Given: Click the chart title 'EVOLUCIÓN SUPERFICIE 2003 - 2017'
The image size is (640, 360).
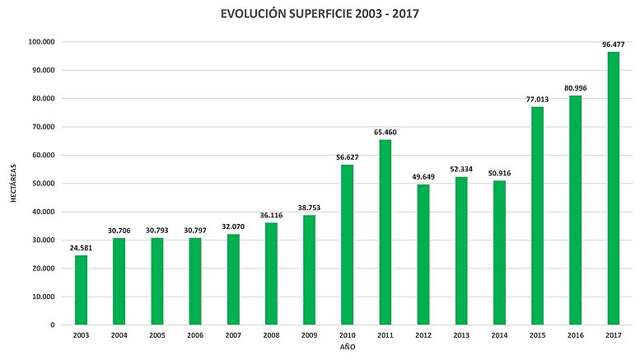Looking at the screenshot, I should (x=319, y=14).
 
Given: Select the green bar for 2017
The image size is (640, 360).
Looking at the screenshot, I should (x=614, y=189).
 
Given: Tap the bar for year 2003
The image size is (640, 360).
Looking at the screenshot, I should (x=81, y=290).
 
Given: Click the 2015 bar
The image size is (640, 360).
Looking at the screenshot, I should (x=537, y=216).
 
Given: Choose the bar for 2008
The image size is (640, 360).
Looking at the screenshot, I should (x=271, y=274).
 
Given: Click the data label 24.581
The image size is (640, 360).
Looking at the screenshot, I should (x=81, y=247).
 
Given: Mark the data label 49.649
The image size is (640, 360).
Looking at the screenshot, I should (x=423, y=176).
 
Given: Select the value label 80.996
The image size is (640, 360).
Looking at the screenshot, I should (x=575, y=87).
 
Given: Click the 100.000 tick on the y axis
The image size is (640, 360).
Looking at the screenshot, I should (x=41, y=42).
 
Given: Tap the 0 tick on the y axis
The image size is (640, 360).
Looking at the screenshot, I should (x=53, y=325).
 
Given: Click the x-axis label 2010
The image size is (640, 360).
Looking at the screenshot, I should (x=347, y=336).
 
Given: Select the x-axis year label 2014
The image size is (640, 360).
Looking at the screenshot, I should (x=499, y=336).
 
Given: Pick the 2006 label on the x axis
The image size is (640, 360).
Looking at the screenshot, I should (x=195, y=336).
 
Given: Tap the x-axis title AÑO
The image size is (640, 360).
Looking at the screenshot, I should (x=348, y=348).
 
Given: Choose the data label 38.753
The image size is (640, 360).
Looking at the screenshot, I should (x=309, y=207).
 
